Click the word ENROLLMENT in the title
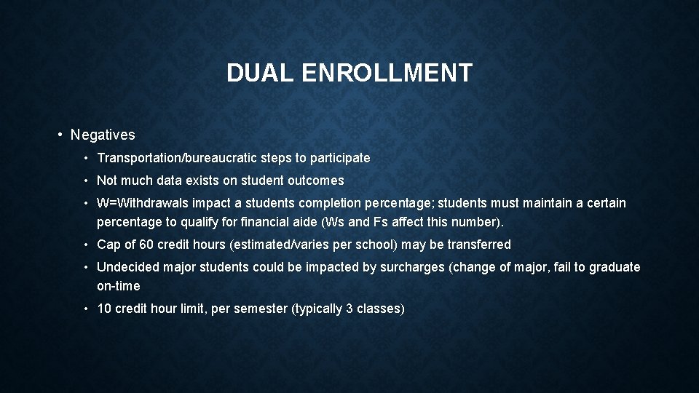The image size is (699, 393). point(387,73)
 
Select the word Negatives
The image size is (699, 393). point(103,135)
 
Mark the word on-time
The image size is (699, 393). point(119,286)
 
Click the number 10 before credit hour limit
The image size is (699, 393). point(105,309)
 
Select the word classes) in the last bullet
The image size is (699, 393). point(380,309)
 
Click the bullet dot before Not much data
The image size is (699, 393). point(87,180)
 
